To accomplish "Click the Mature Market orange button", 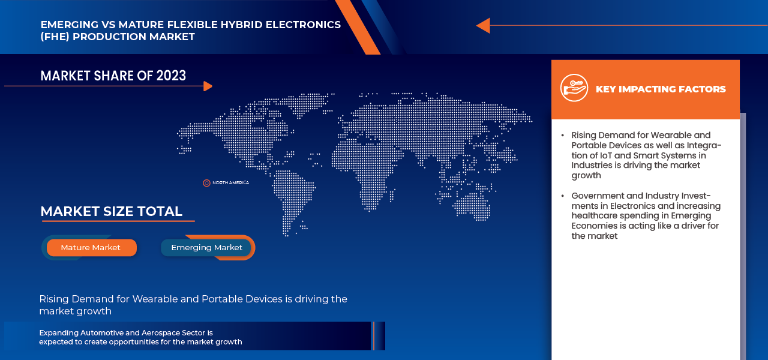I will click(91, 247).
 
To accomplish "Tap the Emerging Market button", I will click(206, 247).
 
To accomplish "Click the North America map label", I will click(230, 182).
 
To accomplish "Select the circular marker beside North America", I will click(206, 182).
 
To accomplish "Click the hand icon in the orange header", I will click(574, 88).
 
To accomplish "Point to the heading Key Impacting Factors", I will click(660, 89).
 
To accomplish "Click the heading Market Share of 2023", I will click(113, 76).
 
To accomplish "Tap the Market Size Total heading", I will click(111, 211).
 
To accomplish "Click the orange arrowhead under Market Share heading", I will click(208, 86).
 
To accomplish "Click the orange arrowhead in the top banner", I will click(483, 25).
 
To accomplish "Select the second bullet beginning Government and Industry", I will click(646, 215).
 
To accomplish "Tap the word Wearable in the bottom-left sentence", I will click(157, 299).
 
